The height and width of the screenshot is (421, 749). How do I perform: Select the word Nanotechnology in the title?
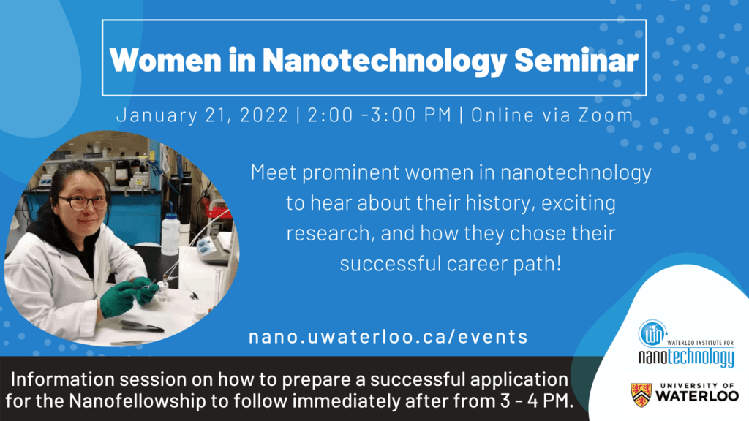tap(384, 60)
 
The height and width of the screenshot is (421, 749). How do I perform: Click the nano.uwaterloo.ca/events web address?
tap(388, 336)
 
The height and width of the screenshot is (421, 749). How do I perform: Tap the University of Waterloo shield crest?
tap(643, 395)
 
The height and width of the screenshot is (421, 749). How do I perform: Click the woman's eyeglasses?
tap(82, 202)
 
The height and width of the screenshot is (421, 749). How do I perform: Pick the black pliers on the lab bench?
tap(141, 326)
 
